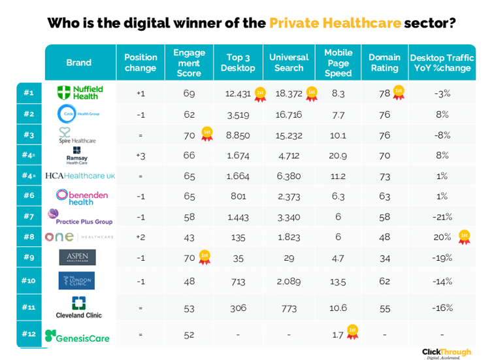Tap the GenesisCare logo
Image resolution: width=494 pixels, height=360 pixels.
click(x=77, y=336)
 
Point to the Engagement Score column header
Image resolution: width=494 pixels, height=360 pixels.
click(x=189, y=63)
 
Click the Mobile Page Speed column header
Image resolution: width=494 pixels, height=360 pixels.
click(x=338, y=63)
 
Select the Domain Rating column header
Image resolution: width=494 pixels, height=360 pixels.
click(x=384, y=63)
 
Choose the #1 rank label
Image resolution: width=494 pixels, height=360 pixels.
click(x=29, y=93)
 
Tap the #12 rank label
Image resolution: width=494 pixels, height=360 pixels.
click(x=29, y=335)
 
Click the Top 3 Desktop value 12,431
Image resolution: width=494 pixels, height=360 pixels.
click(x=238, y=93)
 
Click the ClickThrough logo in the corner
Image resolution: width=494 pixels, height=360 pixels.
click(x=446, y=353)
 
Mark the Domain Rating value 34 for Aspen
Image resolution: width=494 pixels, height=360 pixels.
click(x=385, y=258)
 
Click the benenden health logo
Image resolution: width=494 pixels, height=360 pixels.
click(x=82, y=197)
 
